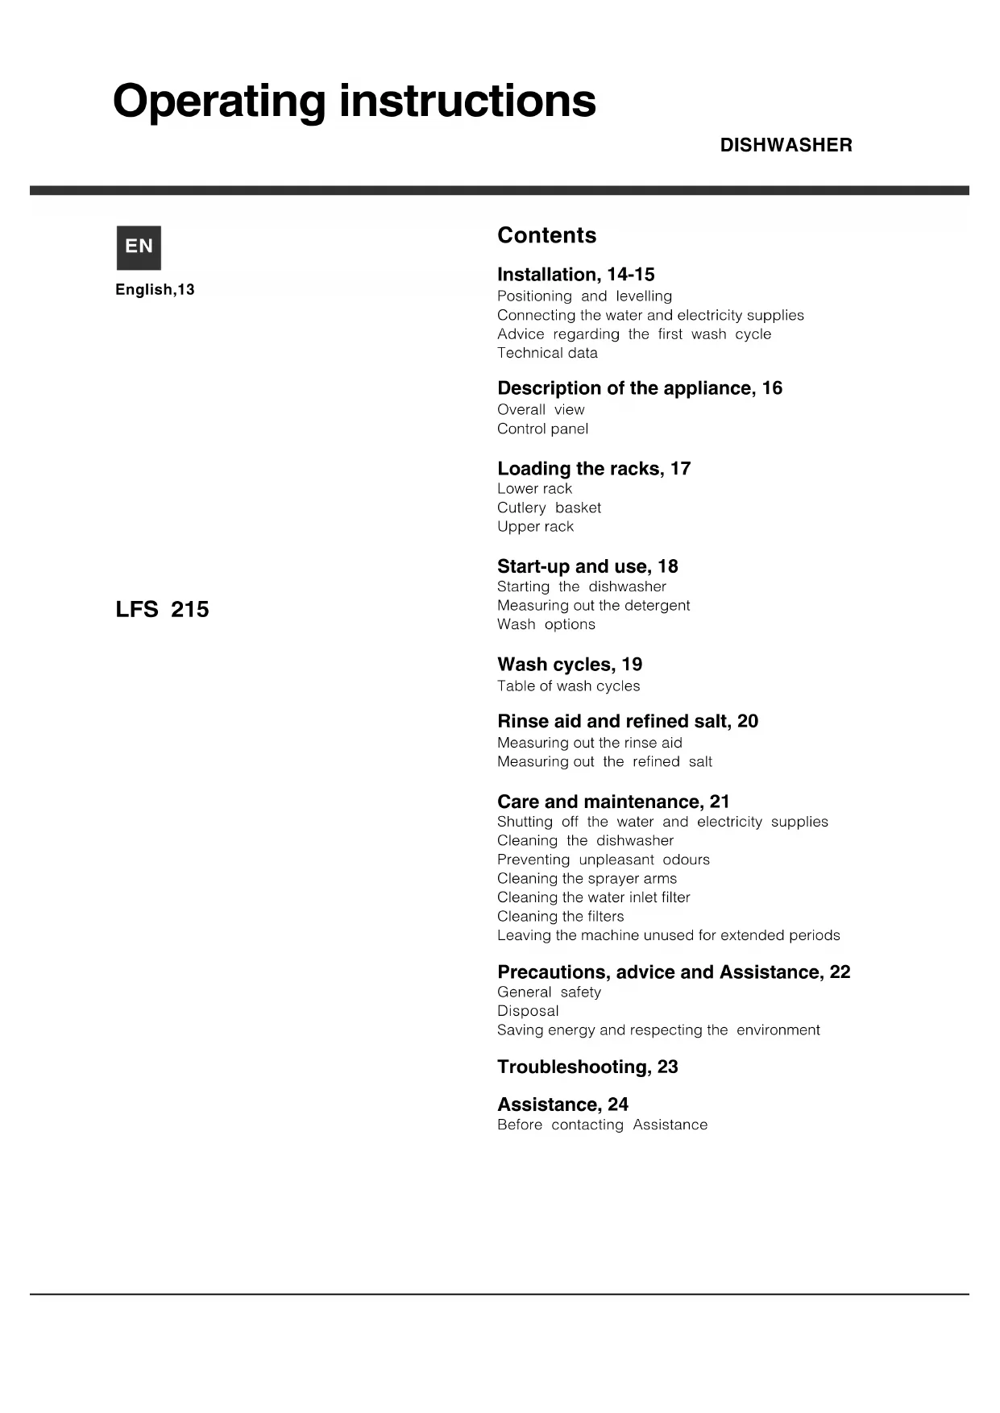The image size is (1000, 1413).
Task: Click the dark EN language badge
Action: coord(139,247)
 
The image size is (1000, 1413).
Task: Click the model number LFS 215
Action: coord(162,610)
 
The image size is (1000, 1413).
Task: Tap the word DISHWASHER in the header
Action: coord(786,145)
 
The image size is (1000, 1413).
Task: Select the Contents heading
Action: coord(546,235)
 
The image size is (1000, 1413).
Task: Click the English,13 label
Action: coord(155,290)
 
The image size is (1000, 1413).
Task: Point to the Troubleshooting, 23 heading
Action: coord(587,1067)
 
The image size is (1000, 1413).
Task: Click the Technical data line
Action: coord(547,353)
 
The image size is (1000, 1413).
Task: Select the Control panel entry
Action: coord(542,429)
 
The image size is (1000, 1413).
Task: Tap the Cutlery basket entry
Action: coord(549,508)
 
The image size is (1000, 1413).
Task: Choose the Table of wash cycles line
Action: coord(568,686)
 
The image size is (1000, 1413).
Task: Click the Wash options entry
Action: coord(546,624)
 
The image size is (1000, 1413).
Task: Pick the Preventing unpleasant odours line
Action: coord(603,860)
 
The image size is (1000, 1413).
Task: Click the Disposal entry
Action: coord(528,1011)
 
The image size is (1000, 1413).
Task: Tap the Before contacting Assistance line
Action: coord(602,1125)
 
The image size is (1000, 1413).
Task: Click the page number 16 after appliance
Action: coord(772,388)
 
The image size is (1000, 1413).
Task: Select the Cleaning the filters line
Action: coord(560,917)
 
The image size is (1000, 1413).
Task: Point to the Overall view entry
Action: coord(541,410)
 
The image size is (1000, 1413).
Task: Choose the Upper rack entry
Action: coord(535,527)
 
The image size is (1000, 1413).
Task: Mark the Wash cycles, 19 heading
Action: coord(570,665)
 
